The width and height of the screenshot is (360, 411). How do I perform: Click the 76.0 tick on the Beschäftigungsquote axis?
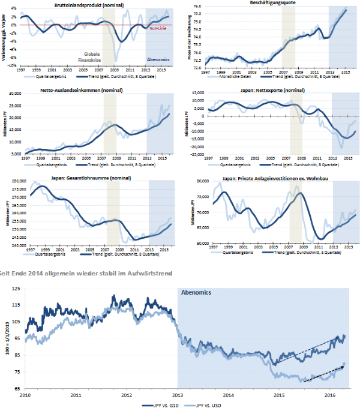tap(196, 5)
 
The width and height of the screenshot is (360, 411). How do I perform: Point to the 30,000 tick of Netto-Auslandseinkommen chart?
tap(14, 94)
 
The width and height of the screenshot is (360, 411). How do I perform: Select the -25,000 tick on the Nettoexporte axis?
tap(194, 154)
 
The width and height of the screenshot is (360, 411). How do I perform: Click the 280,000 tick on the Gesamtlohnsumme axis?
tap(12, 181)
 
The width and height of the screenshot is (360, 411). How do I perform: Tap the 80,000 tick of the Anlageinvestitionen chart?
tap(196, 180)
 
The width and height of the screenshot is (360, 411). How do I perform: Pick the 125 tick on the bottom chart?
tap(16, 289)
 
